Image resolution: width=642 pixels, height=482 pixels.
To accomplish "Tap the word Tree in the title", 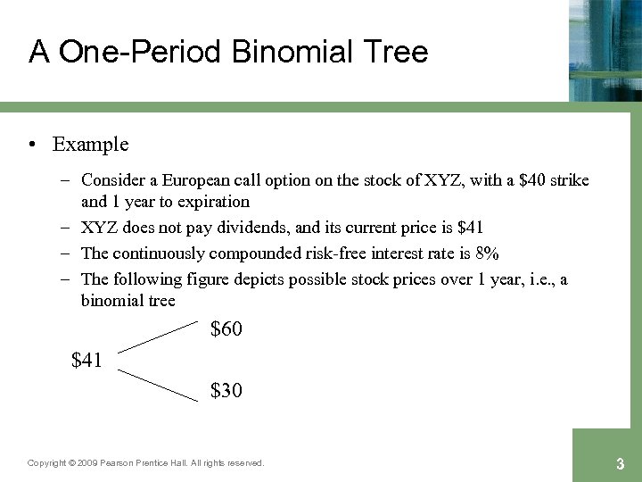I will coord(393,51).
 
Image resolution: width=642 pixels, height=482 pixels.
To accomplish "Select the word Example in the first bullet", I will coord(90,145).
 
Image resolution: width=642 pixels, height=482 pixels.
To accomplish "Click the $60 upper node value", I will coord(226,330).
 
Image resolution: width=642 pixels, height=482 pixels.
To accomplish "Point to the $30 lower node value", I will coord(226,391).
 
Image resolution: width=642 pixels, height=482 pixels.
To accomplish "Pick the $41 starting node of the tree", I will coord(86,361).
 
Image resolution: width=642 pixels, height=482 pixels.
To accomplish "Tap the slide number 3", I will coord(620,464).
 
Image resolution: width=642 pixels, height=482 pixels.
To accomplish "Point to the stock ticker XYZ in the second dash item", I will coord(100,229).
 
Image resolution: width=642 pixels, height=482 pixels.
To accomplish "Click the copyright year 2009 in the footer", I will coord(87,463).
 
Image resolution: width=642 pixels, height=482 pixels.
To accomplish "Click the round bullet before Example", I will coord(31,145).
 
